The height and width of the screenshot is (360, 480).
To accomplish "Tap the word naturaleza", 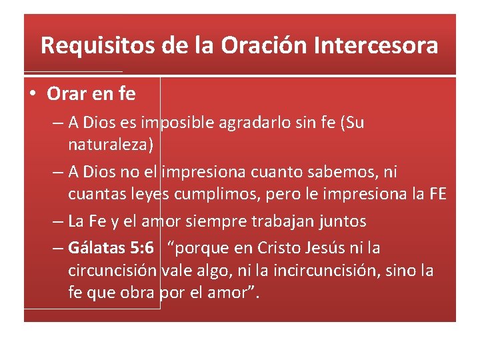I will [111, 143].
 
